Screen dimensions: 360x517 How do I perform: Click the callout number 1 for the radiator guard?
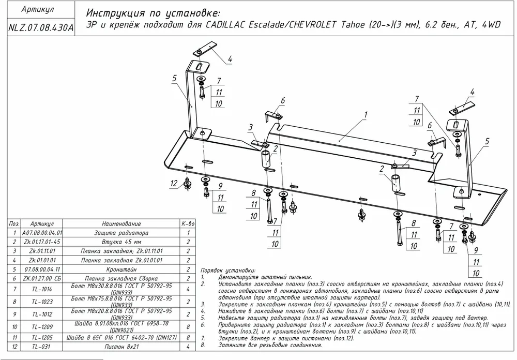365,114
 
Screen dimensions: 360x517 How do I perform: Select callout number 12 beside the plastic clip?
174,183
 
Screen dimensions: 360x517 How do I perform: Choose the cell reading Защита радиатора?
121,233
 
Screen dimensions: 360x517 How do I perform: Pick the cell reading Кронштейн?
121,269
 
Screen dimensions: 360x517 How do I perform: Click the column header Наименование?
121,224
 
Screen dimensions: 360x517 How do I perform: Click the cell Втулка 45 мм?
121,242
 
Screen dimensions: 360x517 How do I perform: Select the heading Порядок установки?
227,271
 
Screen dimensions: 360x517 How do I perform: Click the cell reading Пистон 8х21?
121,346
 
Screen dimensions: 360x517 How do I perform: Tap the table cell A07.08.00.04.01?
42,233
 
